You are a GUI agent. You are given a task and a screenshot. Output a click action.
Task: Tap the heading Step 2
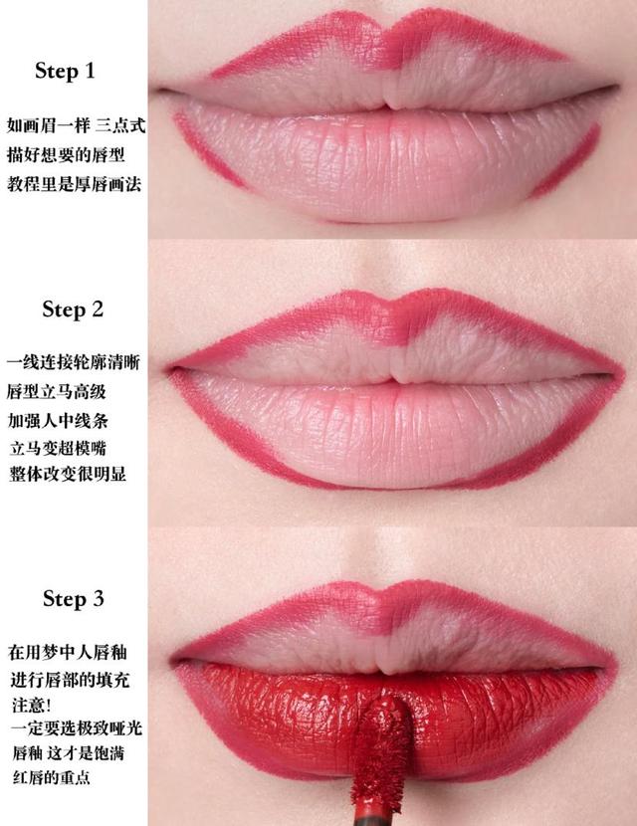click(73, 310)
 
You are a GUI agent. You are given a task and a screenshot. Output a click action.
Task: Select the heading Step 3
click(73, 599)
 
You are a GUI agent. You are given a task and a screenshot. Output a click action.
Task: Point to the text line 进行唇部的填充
click(66, 679)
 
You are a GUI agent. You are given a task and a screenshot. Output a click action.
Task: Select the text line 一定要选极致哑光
click(75, 729)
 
